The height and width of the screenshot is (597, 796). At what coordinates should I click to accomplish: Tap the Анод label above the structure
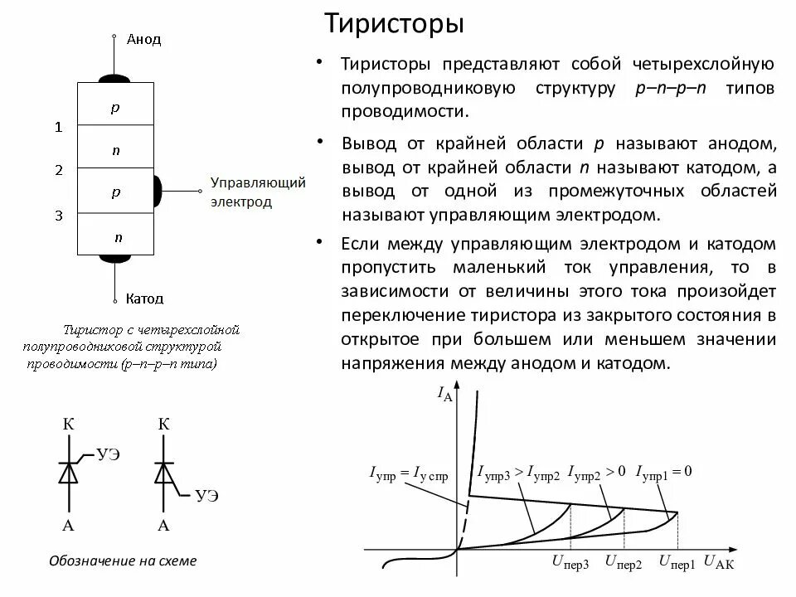point(143,39)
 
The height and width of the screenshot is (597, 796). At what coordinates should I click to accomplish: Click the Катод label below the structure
point(145,298)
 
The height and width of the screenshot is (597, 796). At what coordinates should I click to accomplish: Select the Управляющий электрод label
point(246,192)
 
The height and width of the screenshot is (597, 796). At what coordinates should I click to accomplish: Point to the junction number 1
point(59,127)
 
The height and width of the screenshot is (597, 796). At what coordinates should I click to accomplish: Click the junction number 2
point(59,171)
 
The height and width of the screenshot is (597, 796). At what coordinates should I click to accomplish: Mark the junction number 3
point(59,216)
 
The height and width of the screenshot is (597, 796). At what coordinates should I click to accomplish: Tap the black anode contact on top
point(115,79)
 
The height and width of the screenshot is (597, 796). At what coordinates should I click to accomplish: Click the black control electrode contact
point(157,191)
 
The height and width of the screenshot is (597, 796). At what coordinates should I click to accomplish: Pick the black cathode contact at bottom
point(115,258)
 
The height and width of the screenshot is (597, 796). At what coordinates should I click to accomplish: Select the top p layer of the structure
point(115,107)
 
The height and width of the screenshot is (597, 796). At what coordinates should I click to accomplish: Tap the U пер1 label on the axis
point(677,563)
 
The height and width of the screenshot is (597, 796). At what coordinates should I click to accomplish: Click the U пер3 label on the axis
point(570,563)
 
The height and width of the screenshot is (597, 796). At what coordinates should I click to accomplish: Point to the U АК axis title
point(718,563)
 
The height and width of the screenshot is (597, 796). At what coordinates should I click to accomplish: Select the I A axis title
point(444,394)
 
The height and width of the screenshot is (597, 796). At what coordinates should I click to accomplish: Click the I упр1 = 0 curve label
point(663,472)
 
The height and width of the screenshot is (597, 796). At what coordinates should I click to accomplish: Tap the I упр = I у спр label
point(409,474)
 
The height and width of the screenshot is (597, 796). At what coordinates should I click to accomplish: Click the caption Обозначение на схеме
point(123,561)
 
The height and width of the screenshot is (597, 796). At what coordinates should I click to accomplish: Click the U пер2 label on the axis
point(624,563)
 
